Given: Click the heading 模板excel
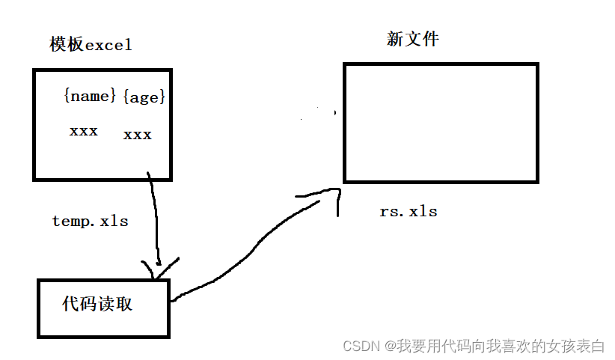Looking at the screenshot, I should tap(91, 44).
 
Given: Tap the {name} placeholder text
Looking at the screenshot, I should tap(90, 96).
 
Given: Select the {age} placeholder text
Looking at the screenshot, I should tap(143, 97).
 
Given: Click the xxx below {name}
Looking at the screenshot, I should tap(83, 131).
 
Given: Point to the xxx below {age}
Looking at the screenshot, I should tap(137, 135).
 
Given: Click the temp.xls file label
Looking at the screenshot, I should tap(90, 221).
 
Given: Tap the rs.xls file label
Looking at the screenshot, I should tap(408, 211).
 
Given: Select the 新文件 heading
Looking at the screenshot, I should tap(412, 38).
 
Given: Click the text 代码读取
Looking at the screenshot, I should tap(98, 304).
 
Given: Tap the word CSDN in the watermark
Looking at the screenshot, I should tap(361, 346).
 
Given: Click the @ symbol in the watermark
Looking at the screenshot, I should tap(390, 346).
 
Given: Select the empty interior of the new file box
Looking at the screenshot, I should tap(440, 123).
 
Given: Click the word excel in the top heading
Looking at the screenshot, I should tap(108, 45).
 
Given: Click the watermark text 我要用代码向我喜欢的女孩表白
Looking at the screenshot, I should tap(501, 346).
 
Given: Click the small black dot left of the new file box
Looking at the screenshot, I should tap(334, 113).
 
